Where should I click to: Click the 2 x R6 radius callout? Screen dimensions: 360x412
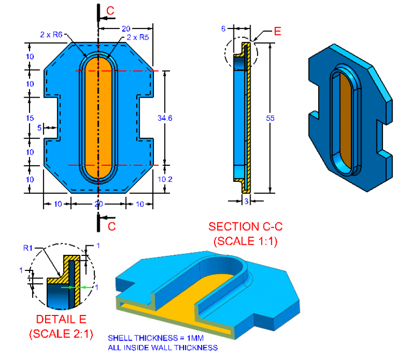(x=51, y=35)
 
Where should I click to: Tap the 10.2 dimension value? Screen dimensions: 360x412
(x=166, y=180)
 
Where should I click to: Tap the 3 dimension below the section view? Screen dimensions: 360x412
(x=245, y=201)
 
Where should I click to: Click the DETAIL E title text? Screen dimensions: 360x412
(x=60, y=320)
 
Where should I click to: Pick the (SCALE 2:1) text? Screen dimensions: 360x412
(x=61, y=334)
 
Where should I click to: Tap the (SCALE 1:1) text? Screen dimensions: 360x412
(x=245, y=241)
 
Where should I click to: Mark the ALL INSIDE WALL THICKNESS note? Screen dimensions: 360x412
(x=163, y=348)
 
